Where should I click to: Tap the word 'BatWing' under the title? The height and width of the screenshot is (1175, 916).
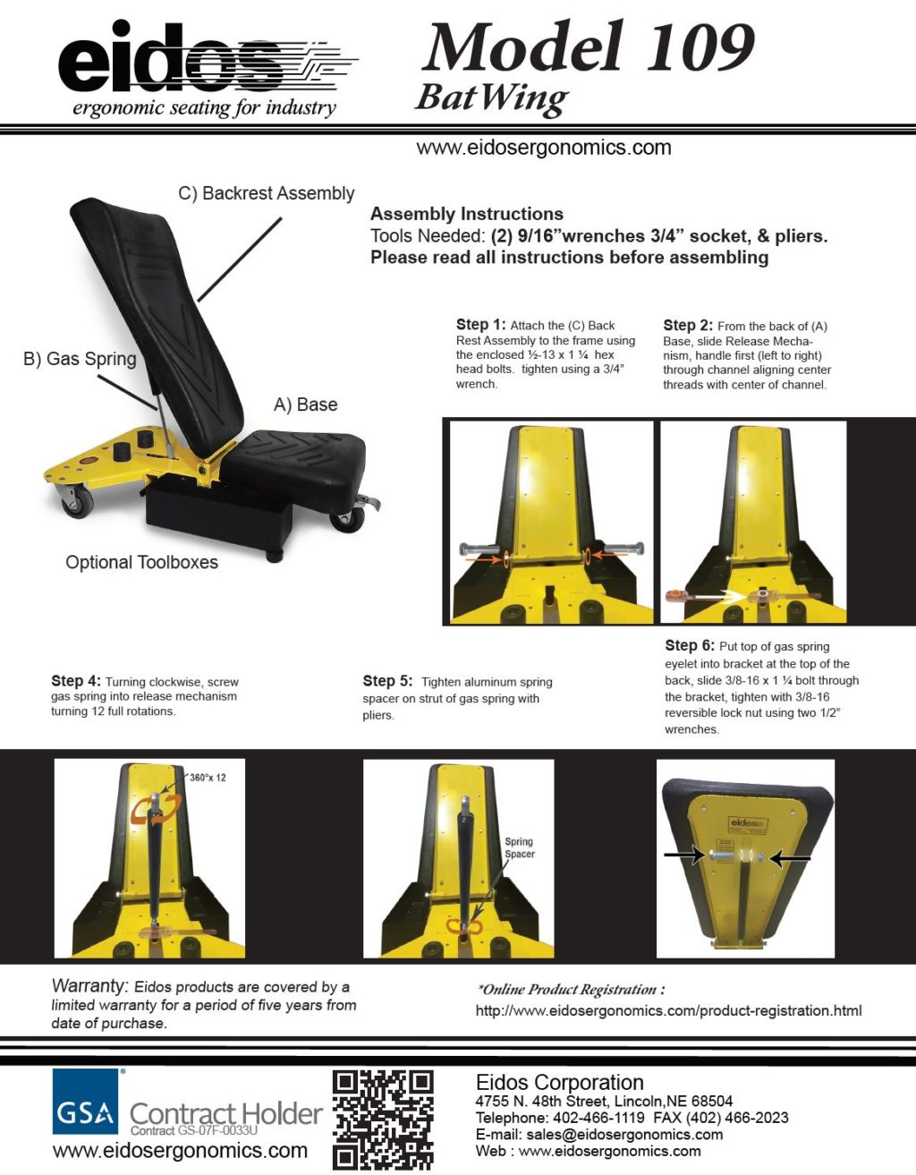492,98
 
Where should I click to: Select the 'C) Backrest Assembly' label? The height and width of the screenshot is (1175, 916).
266,193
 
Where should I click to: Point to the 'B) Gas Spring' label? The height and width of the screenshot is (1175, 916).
80,359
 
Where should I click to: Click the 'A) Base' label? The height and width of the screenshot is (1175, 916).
305,404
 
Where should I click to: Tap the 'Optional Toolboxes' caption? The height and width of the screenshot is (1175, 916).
141,562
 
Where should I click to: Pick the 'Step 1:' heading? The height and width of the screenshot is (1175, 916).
480,325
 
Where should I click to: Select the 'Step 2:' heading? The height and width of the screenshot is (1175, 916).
687,326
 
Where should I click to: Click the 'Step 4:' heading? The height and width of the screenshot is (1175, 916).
76,681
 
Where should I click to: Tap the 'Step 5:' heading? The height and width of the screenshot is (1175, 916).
387,681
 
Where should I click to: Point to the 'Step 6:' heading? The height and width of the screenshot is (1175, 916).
689,645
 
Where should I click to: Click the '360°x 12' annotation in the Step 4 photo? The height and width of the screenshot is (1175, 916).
208,778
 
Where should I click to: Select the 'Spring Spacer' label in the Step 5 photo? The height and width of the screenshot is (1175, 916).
519,847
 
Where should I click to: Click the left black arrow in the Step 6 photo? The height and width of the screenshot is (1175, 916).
683,856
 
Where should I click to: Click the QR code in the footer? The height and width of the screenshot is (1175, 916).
383,1120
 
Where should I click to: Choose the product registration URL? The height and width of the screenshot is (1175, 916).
668,1010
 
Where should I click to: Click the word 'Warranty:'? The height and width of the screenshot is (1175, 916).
89,986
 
